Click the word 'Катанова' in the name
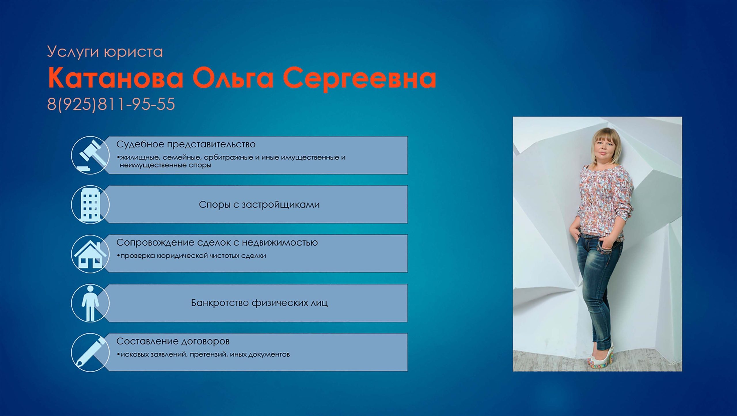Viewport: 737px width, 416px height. pyautogui.click(x=115, y=78)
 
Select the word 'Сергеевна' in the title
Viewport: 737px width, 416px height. pyautogui.click(x=359, y=79)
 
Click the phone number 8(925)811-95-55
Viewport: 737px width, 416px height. pyautogui.click(x=111, y=104)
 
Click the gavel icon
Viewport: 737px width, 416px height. pyautogui.click(x=90, y=155)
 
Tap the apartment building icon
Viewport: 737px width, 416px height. pyautogui.click(x=90, y=204)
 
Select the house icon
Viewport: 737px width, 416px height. pyautogui.click(x=90, y=254)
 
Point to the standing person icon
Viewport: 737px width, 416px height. pyautogui.click(x=90, y=303)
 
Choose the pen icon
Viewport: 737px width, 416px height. pyautogui.click(x=90, y=352)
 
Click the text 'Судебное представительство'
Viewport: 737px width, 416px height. pyautogui.click(x=186, y=145)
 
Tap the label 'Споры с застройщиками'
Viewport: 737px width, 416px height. pyautogui.click(x=259, y=205)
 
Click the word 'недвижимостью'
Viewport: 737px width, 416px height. pyautogui.click(x=280, y=243)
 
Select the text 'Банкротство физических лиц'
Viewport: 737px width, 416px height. pyautogui.click(x=259, y=303)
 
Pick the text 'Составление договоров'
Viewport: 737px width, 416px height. pyautogui.click(x=173, y=341)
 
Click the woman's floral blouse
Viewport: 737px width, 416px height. pyautogui.click(x=602, y=202)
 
